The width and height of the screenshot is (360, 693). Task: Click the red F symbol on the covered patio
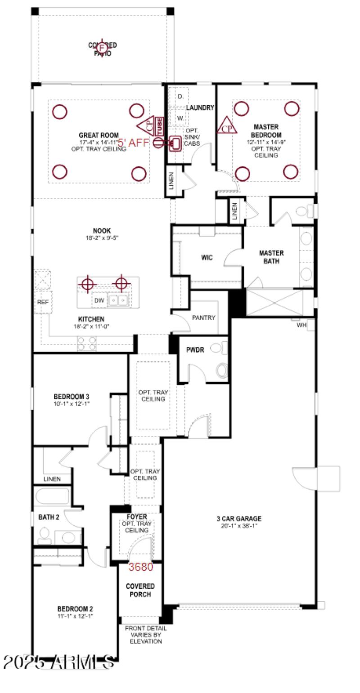(102, 48)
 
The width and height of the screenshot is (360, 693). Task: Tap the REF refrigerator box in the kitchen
(43, 302)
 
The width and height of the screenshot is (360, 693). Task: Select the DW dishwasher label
(99, 300)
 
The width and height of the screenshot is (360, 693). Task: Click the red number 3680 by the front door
(141, 567)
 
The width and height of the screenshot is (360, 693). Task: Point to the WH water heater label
(301, 324)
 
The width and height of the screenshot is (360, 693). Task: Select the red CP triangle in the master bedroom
(227, 127)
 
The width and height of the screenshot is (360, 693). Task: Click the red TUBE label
(159, 126)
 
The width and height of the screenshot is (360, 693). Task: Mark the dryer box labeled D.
(180, 97)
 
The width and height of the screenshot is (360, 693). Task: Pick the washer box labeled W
(180, 118)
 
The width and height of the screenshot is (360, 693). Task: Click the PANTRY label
(204, 317)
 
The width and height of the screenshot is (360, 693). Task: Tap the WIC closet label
(207, 258)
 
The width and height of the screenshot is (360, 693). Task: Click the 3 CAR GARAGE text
(238, 519)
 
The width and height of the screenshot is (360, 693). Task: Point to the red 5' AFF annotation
(133, 143)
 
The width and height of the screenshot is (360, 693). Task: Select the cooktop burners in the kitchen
(87, 344)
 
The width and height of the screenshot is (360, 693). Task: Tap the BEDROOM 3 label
(71, 397)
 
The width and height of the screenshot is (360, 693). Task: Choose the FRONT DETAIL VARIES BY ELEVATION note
(145, 635)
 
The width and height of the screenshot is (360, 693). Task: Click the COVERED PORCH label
(140, 590)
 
